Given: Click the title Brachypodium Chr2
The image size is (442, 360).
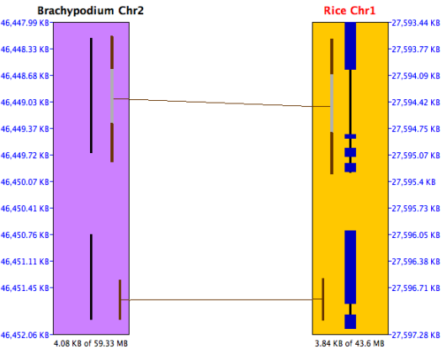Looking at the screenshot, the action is click(x=90, y=11).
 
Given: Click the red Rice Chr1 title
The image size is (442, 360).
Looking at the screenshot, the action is click(x=350, y=11).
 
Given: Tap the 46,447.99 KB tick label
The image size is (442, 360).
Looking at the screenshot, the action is click(x=25, y=23).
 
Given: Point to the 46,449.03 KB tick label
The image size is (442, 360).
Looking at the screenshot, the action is click(x=25, y=102).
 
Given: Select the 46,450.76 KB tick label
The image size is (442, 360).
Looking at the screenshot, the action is click(x=25, y=235).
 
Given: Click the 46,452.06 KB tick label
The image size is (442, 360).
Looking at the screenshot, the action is click(x=25, y=335).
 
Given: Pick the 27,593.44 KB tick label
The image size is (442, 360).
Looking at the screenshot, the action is click(x=416, y=23).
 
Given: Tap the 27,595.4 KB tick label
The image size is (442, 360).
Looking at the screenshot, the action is click(x=414, y=182).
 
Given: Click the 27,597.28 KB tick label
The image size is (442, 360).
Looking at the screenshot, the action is click(x=416, y=335).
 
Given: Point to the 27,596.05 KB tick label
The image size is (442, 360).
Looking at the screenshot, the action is click(x=416, y=235).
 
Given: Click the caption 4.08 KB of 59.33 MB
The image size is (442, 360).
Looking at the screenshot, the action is click(x=91, y=344).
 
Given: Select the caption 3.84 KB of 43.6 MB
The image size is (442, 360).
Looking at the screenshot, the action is click(x=349, y=344).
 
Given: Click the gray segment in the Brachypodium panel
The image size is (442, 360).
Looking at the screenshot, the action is click(x=112, y=96).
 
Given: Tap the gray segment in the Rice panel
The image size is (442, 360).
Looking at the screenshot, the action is click(x=332, y=103).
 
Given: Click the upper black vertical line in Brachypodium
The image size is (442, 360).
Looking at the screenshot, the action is click(x=91, y=95).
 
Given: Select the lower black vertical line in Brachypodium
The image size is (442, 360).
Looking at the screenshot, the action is click(x=91, y=277).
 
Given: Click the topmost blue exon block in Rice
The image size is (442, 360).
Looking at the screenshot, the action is click(x=350, y=46).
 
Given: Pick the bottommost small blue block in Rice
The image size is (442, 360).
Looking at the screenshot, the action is click(x=350, y=321).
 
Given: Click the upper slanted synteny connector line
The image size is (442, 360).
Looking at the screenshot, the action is click(x=222, y=103).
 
